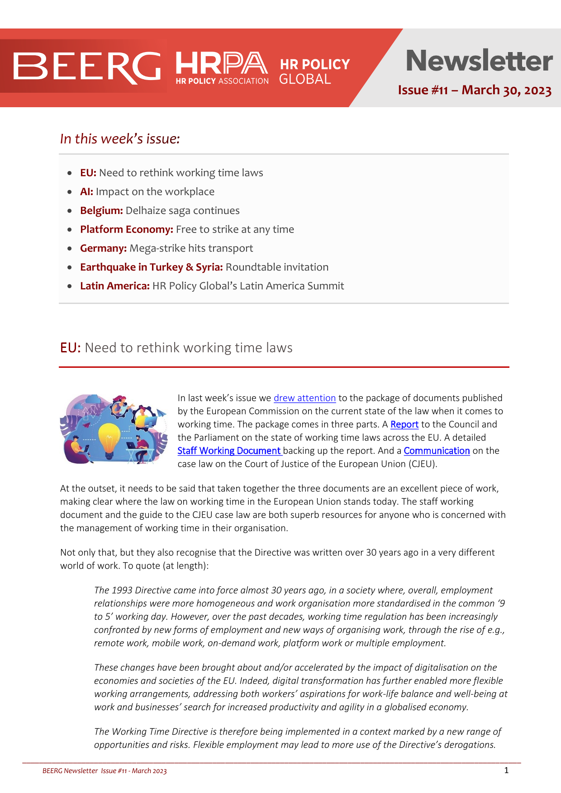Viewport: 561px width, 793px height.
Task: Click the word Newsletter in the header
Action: [x=479, y=61]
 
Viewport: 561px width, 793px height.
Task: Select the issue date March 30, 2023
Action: [x=506, y=90]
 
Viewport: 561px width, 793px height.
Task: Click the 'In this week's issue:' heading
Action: [x=120, y=138]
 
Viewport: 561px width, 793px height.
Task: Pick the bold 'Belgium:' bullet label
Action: [x=101, y=211]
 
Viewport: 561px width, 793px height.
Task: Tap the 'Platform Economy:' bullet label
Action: [x=127, y=229]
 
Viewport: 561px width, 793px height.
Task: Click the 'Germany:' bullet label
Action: [x=103, y=248]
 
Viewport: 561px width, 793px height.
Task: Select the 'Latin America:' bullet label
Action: [x=114, y=286]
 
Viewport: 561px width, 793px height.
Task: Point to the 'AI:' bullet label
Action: [x=86, y=192]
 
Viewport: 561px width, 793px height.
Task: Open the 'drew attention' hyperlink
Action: [x=304, y=398]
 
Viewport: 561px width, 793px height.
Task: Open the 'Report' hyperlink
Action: [x=404, y=424]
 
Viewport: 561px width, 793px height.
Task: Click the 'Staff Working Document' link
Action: [x=229, y=451]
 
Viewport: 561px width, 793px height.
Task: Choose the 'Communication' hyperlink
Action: [x=437, y=451]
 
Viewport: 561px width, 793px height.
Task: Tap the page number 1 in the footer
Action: [x=506, y=770]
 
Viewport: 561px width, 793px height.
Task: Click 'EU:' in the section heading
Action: [x=70, y=348]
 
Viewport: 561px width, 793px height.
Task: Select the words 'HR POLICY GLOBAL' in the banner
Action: [x=314, y=71]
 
